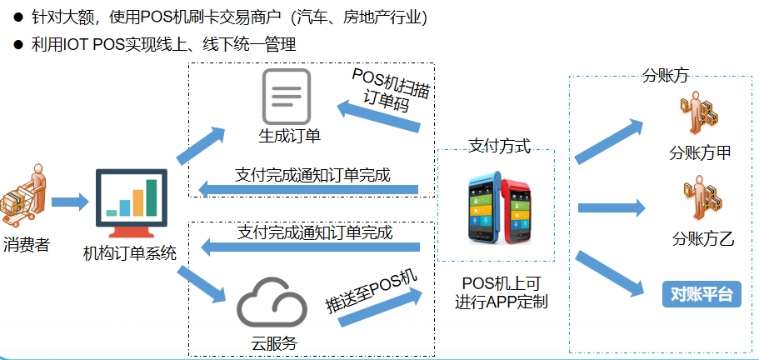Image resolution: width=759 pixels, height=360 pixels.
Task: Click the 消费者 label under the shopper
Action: pyautogui.click(x=26, y=244)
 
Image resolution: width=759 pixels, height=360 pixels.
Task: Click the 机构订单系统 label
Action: pyautogui.click(x=130, y=251)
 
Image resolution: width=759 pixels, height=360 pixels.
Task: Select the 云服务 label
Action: pyautogui.click(x=274, y=342)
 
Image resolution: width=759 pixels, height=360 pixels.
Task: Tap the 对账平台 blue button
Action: pyautogui.click(x=700, y=293)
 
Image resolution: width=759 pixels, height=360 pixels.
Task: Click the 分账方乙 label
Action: pyautogui.click(x=702, y=241)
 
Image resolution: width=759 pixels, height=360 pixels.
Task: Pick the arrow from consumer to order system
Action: pyautogui.click(x=70, y=202)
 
